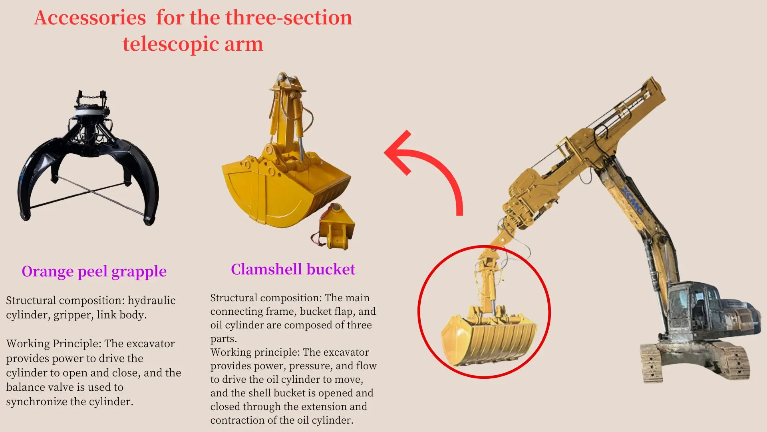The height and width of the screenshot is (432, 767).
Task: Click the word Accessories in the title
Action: [x=90, y=18]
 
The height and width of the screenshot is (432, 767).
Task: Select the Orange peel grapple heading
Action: [x=94, y=272]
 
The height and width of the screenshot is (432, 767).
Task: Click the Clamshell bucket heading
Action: [x=293, y=269]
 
